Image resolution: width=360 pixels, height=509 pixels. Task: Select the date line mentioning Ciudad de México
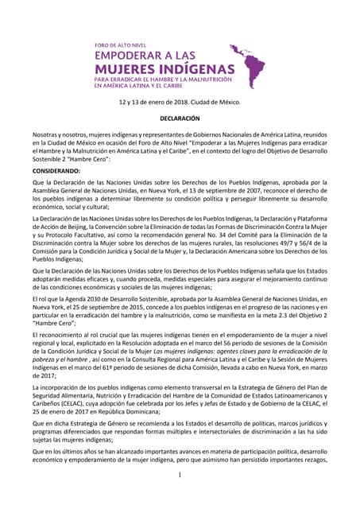[x=180, y=103]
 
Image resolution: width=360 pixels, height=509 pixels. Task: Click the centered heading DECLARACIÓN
[x=180, y=118]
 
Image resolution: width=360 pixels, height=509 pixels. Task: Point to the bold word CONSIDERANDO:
[x=56, y=171]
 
